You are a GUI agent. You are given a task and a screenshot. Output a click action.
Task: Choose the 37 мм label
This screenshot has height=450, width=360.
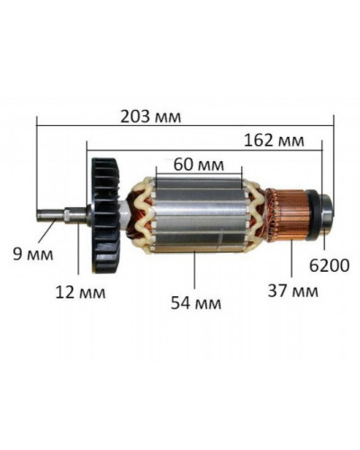tap(293, 292)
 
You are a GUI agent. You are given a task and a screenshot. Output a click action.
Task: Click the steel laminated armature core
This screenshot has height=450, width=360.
tap(198, 216)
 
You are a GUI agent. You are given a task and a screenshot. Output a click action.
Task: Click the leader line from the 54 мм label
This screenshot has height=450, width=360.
tap(194, 271)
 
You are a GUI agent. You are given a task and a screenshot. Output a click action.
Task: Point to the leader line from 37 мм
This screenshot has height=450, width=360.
tap(294, 261)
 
